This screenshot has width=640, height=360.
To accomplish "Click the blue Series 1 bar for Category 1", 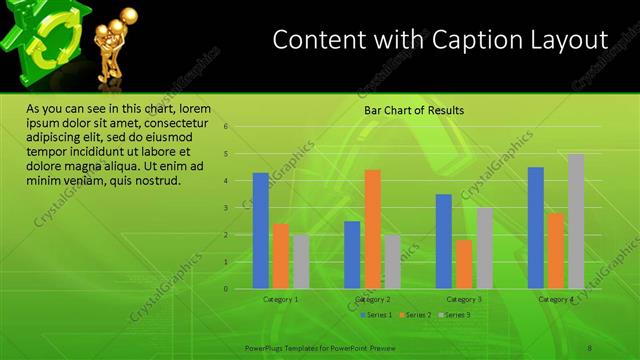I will (260, 231).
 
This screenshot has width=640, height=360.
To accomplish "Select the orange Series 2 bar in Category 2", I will (372, 229).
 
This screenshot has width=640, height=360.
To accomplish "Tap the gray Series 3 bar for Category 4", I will (576, 221).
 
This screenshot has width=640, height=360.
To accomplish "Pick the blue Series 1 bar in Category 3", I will (444, 241).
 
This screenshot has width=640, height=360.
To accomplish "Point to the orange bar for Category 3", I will (464, 264).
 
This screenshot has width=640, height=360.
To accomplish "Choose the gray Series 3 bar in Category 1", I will (301, 262).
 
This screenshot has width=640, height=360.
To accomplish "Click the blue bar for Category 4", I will (536, 228).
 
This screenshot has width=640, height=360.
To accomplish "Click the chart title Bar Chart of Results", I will (412, 110).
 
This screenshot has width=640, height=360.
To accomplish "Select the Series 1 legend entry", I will (377, 315).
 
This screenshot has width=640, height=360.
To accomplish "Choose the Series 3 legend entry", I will (454, 315).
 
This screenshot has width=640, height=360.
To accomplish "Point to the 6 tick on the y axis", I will (226, 127).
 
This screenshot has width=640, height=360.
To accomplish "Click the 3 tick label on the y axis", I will (226, 208).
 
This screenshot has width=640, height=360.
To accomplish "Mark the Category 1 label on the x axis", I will (280, 299).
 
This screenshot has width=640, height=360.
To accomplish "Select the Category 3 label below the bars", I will (464, 299).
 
